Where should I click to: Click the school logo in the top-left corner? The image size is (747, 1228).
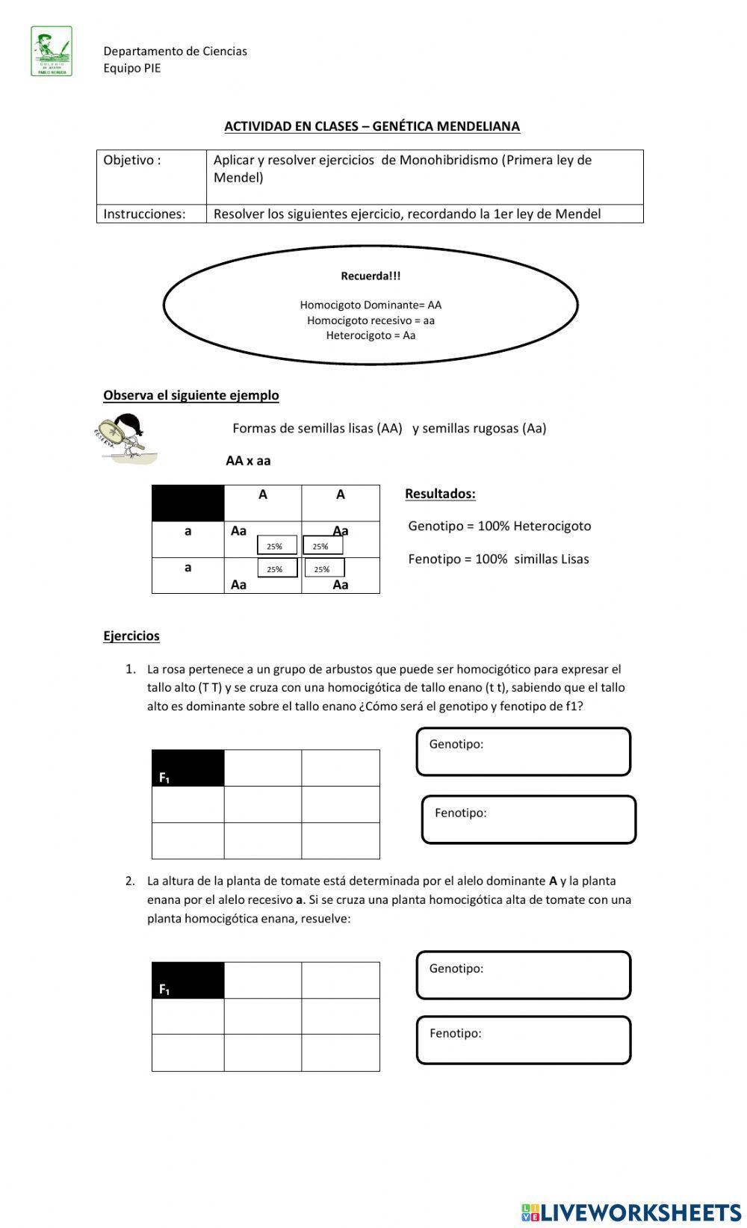point(52,52)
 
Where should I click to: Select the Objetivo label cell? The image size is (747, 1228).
point(151,176)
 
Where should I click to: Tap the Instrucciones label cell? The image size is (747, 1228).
point(151,214)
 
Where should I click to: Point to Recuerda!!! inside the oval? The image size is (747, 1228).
point(371,276)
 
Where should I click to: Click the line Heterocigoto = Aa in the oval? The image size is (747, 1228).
point(371,335)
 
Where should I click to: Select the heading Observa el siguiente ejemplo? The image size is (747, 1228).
point(191,395)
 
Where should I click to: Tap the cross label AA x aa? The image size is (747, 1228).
point(248,461)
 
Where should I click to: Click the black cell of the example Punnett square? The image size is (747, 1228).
point(187,503)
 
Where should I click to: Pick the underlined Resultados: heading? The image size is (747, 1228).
point(440,494)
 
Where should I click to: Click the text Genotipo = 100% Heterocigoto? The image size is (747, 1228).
point(499,526)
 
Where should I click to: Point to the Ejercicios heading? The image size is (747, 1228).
point(131,636)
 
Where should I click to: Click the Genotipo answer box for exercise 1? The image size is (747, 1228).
point(523,752)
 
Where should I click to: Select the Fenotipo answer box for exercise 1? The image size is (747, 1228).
point(528,820)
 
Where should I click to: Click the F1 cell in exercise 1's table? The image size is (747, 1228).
point(187,768)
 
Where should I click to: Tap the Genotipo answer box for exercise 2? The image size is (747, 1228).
point(523,976)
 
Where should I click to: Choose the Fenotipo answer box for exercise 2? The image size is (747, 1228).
point(523,1040)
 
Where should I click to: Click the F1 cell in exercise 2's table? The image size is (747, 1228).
point(187,980)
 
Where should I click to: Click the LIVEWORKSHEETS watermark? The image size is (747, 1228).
point(631,1212)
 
